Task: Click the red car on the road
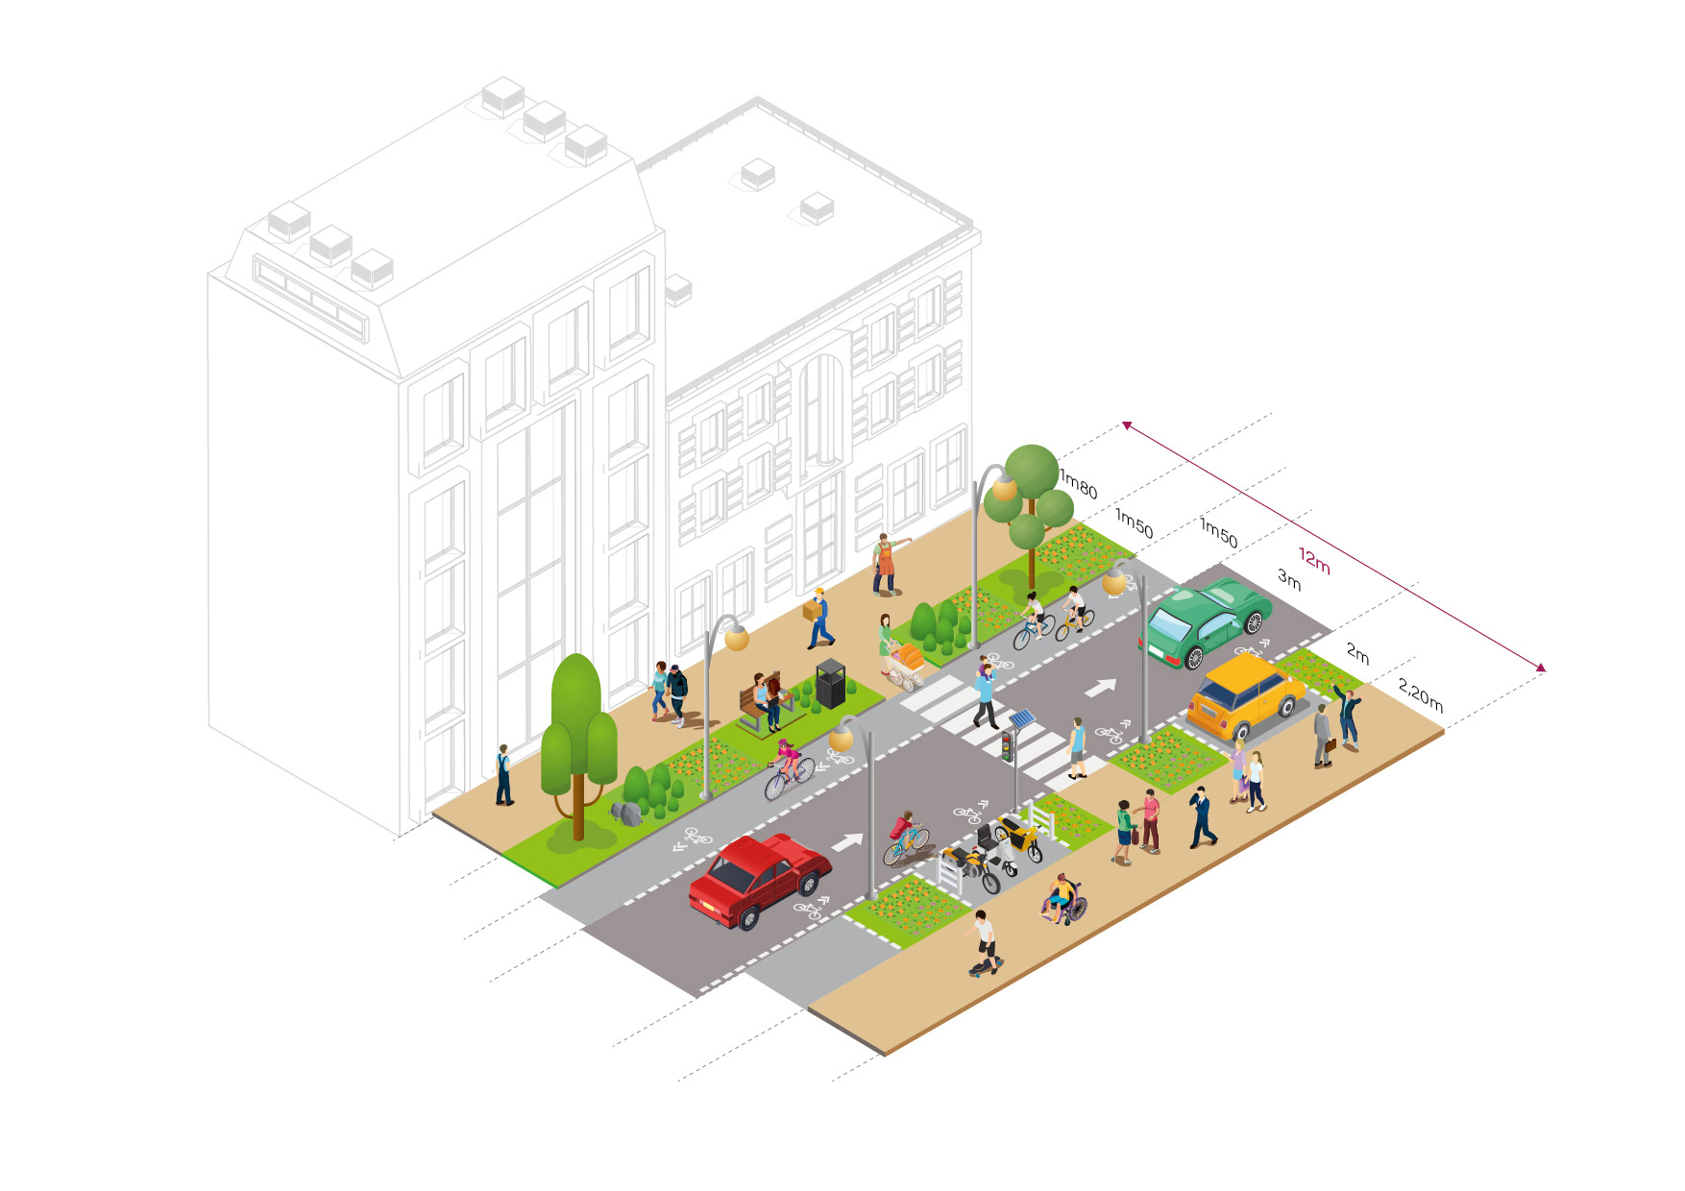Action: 759,879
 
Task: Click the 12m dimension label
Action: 1314,560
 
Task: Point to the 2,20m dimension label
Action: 1420,695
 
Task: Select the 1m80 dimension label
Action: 1078,484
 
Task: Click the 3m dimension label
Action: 1289,579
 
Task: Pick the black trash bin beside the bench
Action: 830,683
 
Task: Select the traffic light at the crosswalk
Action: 1007,745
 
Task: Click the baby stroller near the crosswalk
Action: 905,666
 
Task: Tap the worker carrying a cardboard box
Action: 818,618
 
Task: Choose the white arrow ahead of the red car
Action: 846,842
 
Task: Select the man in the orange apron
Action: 886,565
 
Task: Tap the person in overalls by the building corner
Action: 503,774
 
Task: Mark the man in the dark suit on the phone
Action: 1201,816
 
